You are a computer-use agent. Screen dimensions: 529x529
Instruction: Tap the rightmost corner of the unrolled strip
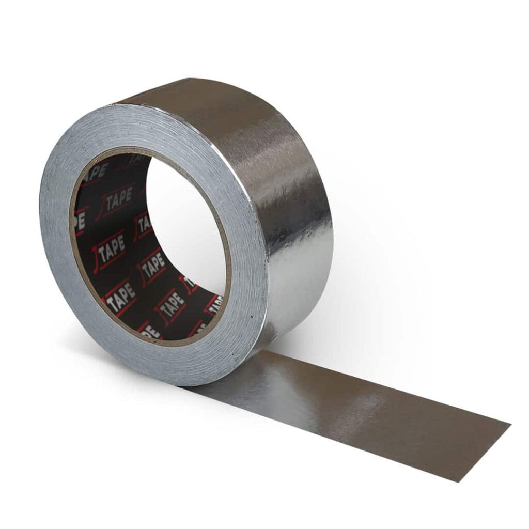point(510,425)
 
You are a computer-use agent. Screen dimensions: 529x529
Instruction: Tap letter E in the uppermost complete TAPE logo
point(129,192)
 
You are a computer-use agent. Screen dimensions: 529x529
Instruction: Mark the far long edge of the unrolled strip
point(393,385)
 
